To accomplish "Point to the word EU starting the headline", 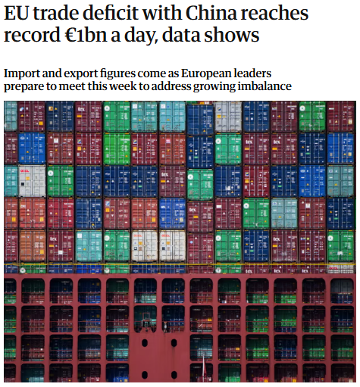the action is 16,13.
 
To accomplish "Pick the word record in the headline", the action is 32,35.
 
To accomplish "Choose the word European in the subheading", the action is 206,73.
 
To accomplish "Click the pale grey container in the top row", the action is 228,117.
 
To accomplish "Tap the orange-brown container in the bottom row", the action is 33,245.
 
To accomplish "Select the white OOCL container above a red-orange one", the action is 32,180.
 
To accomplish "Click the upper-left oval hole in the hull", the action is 145,343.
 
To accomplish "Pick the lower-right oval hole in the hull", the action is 174,375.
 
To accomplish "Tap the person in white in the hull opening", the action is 165,326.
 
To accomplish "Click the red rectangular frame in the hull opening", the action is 146,317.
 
